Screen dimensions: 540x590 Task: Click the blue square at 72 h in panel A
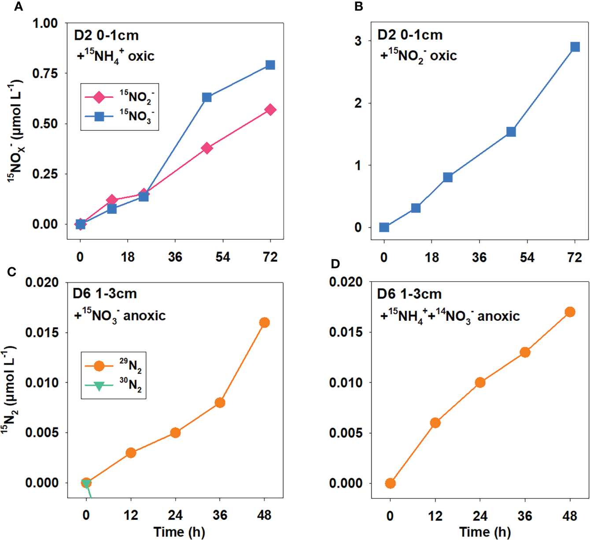click(270, 65)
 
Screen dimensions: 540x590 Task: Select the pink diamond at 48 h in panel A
click(207, 148)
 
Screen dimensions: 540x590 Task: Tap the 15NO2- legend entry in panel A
click(119, 97)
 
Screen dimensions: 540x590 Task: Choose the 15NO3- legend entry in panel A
click(119, 117)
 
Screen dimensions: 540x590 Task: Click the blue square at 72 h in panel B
click(575, 47)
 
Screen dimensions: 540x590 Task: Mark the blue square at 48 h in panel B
click(511, 132)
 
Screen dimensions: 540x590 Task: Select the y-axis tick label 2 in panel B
click(358, 103)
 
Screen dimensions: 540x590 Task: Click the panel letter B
click(358, 7)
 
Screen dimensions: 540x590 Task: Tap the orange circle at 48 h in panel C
click(264, 323)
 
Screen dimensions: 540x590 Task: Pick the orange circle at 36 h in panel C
click(220, 403)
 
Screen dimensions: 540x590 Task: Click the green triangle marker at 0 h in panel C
click(87, 484)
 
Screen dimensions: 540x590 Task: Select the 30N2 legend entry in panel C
click(114, 386)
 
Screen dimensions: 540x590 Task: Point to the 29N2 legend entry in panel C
click(114, 366)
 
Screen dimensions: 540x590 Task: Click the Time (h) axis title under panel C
click(179, 532)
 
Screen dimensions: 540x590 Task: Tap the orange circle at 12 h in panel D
click(435, 423)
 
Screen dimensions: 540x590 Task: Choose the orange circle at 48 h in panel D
click(570, 312)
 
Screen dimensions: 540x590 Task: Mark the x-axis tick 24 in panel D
click(480, 516)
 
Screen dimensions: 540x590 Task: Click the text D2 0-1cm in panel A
click(106, 35)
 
